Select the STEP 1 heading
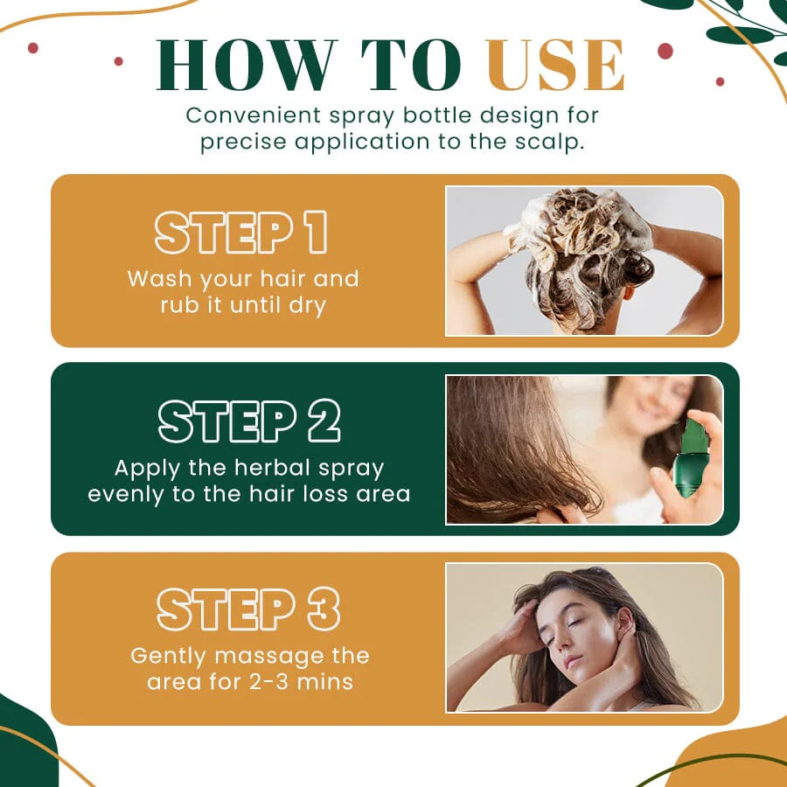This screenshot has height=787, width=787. point(241,233)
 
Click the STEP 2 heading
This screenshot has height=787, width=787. point(249,421)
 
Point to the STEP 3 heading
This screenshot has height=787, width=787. point(249,609)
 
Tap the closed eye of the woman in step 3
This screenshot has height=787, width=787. point(575,623)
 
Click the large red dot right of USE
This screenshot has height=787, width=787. point(665,52)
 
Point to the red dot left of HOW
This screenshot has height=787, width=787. point(118,61)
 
